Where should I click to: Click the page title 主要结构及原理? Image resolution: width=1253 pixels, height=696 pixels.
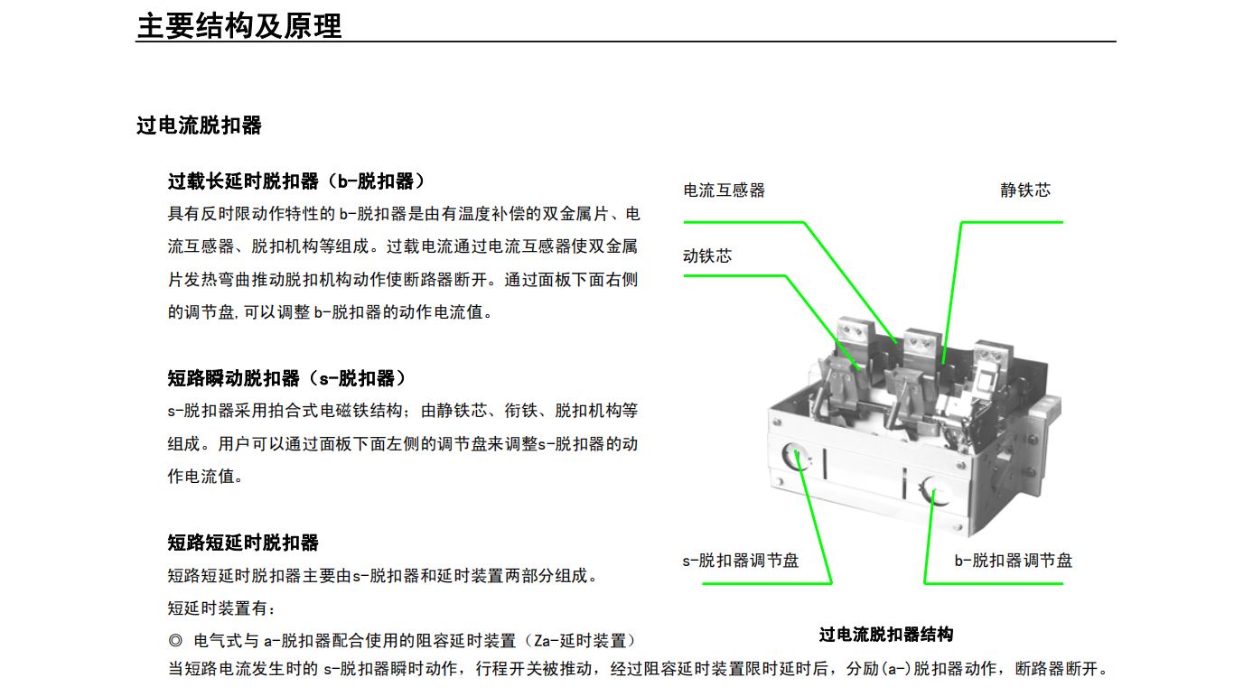[238, 25]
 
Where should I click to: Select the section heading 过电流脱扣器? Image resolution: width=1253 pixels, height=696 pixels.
[199, 125]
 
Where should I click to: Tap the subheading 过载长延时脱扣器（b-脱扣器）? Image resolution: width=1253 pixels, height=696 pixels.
[296, 181]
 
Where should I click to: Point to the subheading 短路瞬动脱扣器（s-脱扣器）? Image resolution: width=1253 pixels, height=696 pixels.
[286, 378]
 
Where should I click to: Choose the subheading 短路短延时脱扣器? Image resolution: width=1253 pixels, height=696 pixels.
[243, 543]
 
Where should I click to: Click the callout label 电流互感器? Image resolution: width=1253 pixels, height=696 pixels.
[724, 190]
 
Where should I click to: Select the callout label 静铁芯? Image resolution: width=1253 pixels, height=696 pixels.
[1025, 190]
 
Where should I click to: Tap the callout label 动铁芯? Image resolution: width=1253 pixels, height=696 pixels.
[707, 256]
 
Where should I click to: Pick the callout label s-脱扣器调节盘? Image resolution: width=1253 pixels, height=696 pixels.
[740, 561]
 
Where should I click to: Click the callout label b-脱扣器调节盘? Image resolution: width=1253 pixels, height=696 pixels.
[1013, 561]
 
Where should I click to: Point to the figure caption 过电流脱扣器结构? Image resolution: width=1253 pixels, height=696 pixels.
[886, 635]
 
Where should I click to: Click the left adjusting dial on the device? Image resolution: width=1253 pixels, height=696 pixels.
[795, 457]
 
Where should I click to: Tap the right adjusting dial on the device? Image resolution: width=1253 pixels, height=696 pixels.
[935, 491]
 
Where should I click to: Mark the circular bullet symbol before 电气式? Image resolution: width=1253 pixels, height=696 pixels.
[175, 641]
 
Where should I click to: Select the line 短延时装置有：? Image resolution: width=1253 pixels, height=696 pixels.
[221, 608]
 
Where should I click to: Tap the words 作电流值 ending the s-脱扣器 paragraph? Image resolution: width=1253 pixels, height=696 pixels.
[201, 477]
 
